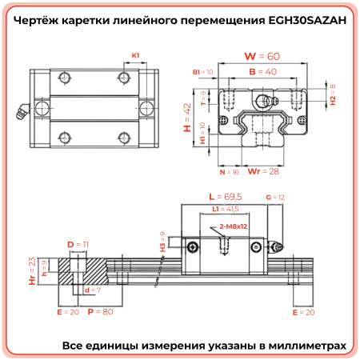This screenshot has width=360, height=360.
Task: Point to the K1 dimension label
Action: pyautogui.click(x=135, y=55)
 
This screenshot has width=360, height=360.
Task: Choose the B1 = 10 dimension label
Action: pyautogui.click(x=203, y=72)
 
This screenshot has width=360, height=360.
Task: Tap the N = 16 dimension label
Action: pyautogui.click(x=229, y=171)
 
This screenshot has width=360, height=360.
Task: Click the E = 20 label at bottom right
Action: pyautogui.click(x=306, y=312)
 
